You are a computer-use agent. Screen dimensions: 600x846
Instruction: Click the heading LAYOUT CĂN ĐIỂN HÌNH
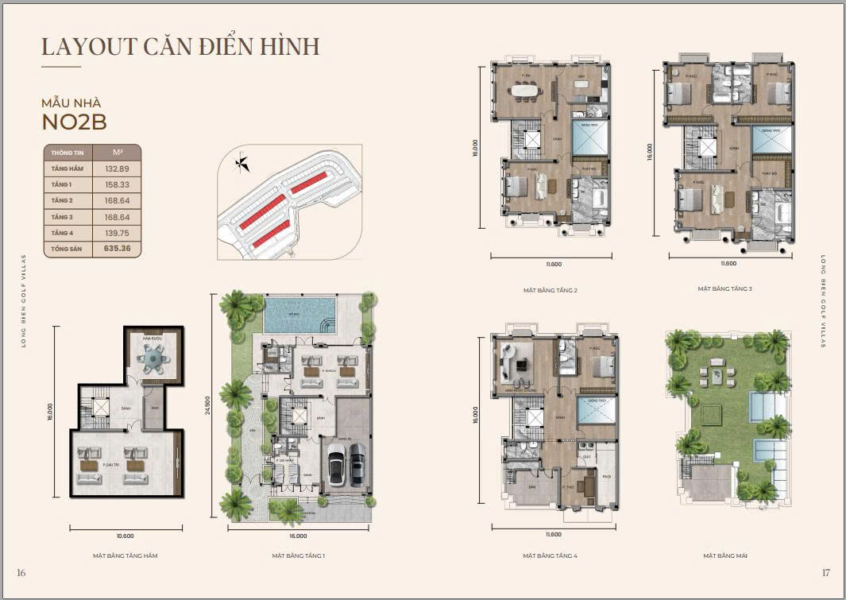click(x=180, y=46)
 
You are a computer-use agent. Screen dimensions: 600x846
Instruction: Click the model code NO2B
click(x=74, y=122)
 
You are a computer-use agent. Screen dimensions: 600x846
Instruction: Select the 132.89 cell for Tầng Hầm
click(x=116, y=168)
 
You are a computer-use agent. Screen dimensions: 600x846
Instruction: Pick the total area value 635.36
click(x=116, y=248)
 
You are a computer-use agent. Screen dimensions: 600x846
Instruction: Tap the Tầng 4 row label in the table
click(x=62, y=232)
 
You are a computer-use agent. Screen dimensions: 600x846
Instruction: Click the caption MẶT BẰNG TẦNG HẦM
click(x=125, y=555)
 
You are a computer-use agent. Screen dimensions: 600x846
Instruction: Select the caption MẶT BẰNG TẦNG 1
click(x=298, y=555)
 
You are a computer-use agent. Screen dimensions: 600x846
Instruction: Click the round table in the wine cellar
click(x=150, y=359)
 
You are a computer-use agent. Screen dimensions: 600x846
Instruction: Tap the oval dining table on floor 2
click(x=523, y=91)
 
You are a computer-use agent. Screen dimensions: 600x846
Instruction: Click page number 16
click(x=21, y=573)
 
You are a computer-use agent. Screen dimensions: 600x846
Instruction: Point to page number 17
click(x=825, y=573)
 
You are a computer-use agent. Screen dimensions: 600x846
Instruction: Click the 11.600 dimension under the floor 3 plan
click(x=728, y=263)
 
